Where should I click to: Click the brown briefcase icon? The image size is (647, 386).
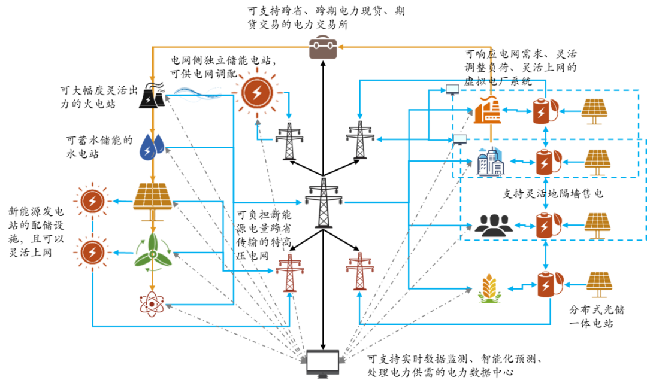(x=323, y=47)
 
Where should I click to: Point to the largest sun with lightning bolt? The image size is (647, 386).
(x=257, y=93)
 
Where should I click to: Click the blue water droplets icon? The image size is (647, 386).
(x=152, y=147)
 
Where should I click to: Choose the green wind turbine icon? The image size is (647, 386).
(x=152, y=253)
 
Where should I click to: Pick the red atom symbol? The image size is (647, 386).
(x=152, y=304)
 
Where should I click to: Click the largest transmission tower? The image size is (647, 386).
(x=323, y=202)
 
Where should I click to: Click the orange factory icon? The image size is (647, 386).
(x=486, y=110)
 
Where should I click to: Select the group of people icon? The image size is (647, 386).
(x=494, y=225)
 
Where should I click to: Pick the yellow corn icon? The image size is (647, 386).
(x=489, y=288)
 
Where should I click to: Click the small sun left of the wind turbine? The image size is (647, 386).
(x=92, y=253)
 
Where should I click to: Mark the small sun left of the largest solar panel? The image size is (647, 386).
(x=92, y=201)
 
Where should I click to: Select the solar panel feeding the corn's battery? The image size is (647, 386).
(x=599, y=284)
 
